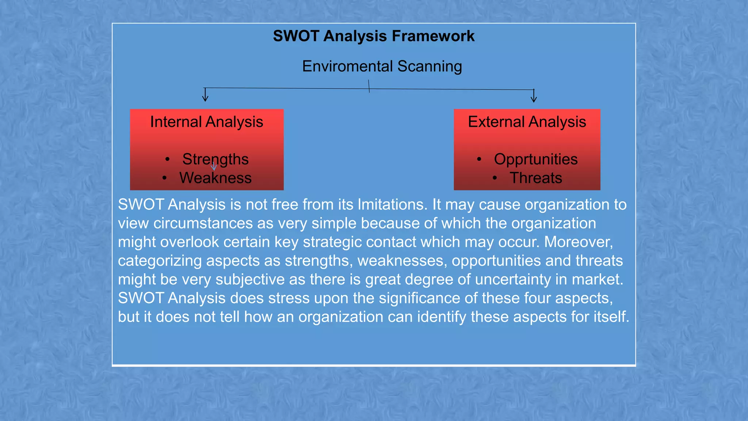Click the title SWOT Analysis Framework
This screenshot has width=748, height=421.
pos(374,36)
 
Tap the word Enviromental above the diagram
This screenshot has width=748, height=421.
pos(347,67)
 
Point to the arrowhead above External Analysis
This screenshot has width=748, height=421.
pos(534,99)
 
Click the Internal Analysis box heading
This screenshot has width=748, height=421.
pos(206,122)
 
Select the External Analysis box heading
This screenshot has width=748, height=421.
pos(527,122)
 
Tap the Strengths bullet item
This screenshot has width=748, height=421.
pos(215,159)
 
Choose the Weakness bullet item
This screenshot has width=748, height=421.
pos(215,178)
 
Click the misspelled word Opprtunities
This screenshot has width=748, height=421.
pos(536,159)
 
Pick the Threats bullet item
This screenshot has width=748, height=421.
pos(536,178)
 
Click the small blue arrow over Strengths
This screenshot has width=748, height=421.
pos(214,167)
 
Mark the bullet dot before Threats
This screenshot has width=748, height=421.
pos(495,178)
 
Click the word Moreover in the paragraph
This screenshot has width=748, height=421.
pos(578,242)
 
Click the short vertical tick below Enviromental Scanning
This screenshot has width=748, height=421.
pos(369,86)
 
